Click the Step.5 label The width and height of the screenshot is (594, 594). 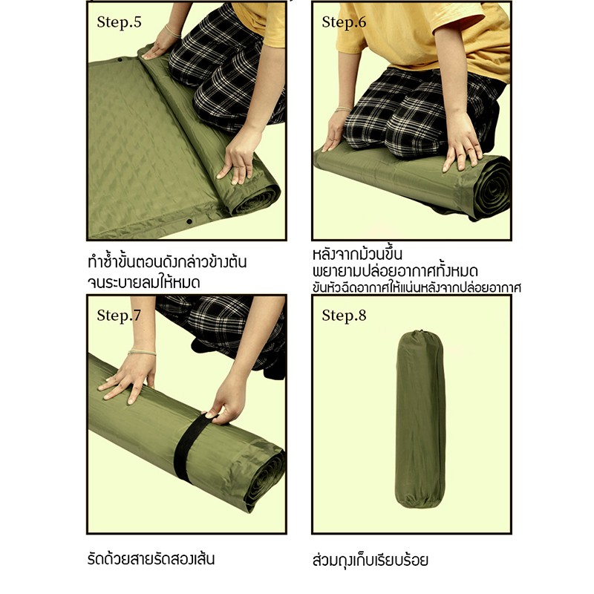tap(119, 22)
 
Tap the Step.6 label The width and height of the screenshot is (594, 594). tap(344, 22)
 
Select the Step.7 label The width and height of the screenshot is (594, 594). tap(119, 315)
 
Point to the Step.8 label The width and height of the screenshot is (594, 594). tap(344, 315)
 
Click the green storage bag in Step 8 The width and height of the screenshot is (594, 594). tap(420, 419)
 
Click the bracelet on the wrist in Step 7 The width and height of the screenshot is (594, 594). tap(142, 353)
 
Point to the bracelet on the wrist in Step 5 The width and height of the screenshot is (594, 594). tap(172, 31)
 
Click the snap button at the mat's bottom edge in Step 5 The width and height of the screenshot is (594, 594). tap(189, 221)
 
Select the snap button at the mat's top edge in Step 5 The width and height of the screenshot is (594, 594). tap(120, 59)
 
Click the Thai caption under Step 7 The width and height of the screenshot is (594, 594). tap(151, 559)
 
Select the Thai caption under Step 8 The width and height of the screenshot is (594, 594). tap(370, 560)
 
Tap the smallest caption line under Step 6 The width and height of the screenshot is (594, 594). tap(417, 287)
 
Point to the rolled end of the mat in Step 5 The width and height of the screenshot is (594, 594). tap(255, 197)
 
